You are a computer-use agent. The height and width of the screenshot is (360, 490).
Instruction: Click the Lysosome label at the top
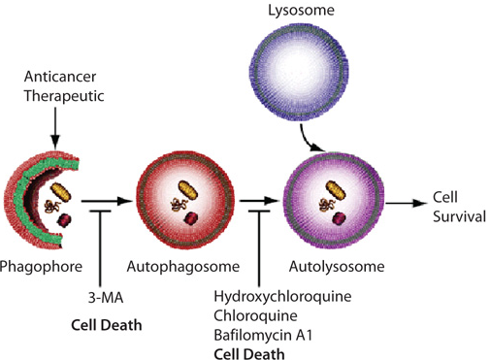301,11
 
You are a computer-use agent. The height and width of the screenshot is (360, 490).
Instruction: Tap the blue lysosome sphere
299,72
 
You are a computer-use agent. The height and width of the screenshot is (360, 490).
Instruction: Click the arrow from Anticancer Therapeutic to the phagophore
55,127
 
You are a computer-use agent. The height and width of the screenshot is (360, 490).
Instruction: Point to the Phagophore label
41,267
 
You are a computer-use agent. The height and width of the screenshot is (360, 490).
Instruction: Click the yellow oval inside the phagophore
61,192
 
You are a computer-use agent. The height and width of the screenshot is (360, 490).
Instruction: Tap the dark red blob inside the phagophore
64,220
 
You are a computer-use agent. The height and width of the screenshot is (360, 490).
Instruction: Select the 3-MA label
106,298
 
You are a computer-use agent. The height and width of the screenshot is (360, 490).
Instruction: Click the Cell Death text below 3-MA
107,325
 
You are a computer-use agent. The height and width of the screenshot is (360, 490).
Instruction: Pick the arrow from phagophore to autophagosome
107,201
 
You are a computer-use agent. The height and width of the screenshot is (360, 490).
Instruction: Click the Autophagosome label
183,267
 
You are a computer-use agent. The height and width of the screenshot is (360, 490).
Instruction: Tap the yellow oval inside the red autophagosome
188,190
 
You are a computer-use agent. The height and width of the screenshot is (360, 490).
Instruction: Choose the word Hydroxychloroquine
282,297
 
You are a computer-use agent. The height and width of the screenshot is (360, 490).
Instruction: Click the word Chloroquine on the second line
255,316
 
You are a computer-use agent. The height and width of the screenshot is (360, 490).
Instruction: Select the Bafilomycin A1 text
263,335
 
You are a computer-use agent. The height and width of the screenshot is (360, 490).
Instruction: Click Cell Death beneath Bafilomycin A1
249,354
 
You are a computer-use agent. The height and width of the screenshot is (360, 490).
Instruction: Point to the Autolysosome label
337,267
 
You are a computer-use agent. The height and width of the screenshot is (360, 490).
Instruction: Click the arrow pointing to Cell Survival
407,203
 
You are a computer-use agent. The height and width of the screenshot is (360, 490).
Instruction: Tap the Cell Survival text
459,207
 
